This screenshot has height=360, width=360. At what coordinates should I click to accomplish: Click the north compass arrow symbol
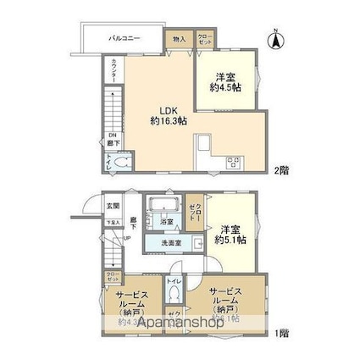pos(276,38)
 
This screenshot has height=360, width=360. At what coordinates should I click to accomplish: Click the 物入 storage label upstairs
pos(179,39)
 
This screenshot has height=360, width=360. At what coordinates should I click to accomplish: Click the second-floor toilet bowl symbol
pos(121,163)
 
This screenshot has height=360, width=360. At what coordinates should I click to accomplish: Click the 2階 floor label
pos(280,170)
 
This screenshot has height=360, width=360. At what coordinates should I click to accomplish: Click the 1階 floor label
pos(280,331)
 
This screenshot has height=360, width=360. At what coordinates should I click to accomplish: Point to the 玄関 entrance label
pos(113,206)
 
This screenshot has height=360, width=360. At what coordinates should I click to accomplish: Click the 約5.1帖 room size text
pos(230,241)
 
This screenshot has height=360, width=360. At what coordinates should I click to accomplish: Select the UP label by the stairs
pos(127,237)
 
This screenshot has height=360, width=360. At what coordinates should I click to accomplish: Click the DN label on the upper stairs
pos(112,136)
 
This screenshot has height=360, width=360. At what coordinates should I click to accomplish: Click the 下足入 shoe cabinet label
pos(112,223)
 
